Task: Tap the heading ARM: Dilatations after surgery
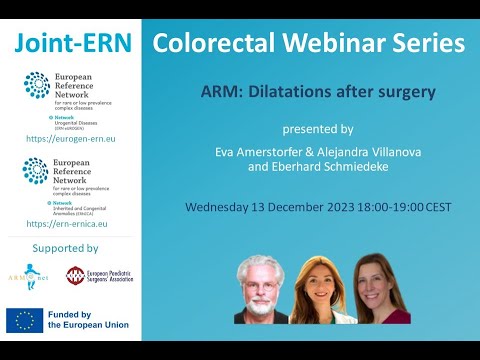pos(317,93)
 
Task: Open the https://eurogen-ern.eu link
pos(70,139)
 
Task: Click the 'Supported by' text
pos(65,248)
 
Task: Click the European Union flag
pos(24,320)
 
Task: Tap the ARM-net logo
pos(25,275)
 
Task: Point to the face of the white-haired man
pos(260,279)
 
